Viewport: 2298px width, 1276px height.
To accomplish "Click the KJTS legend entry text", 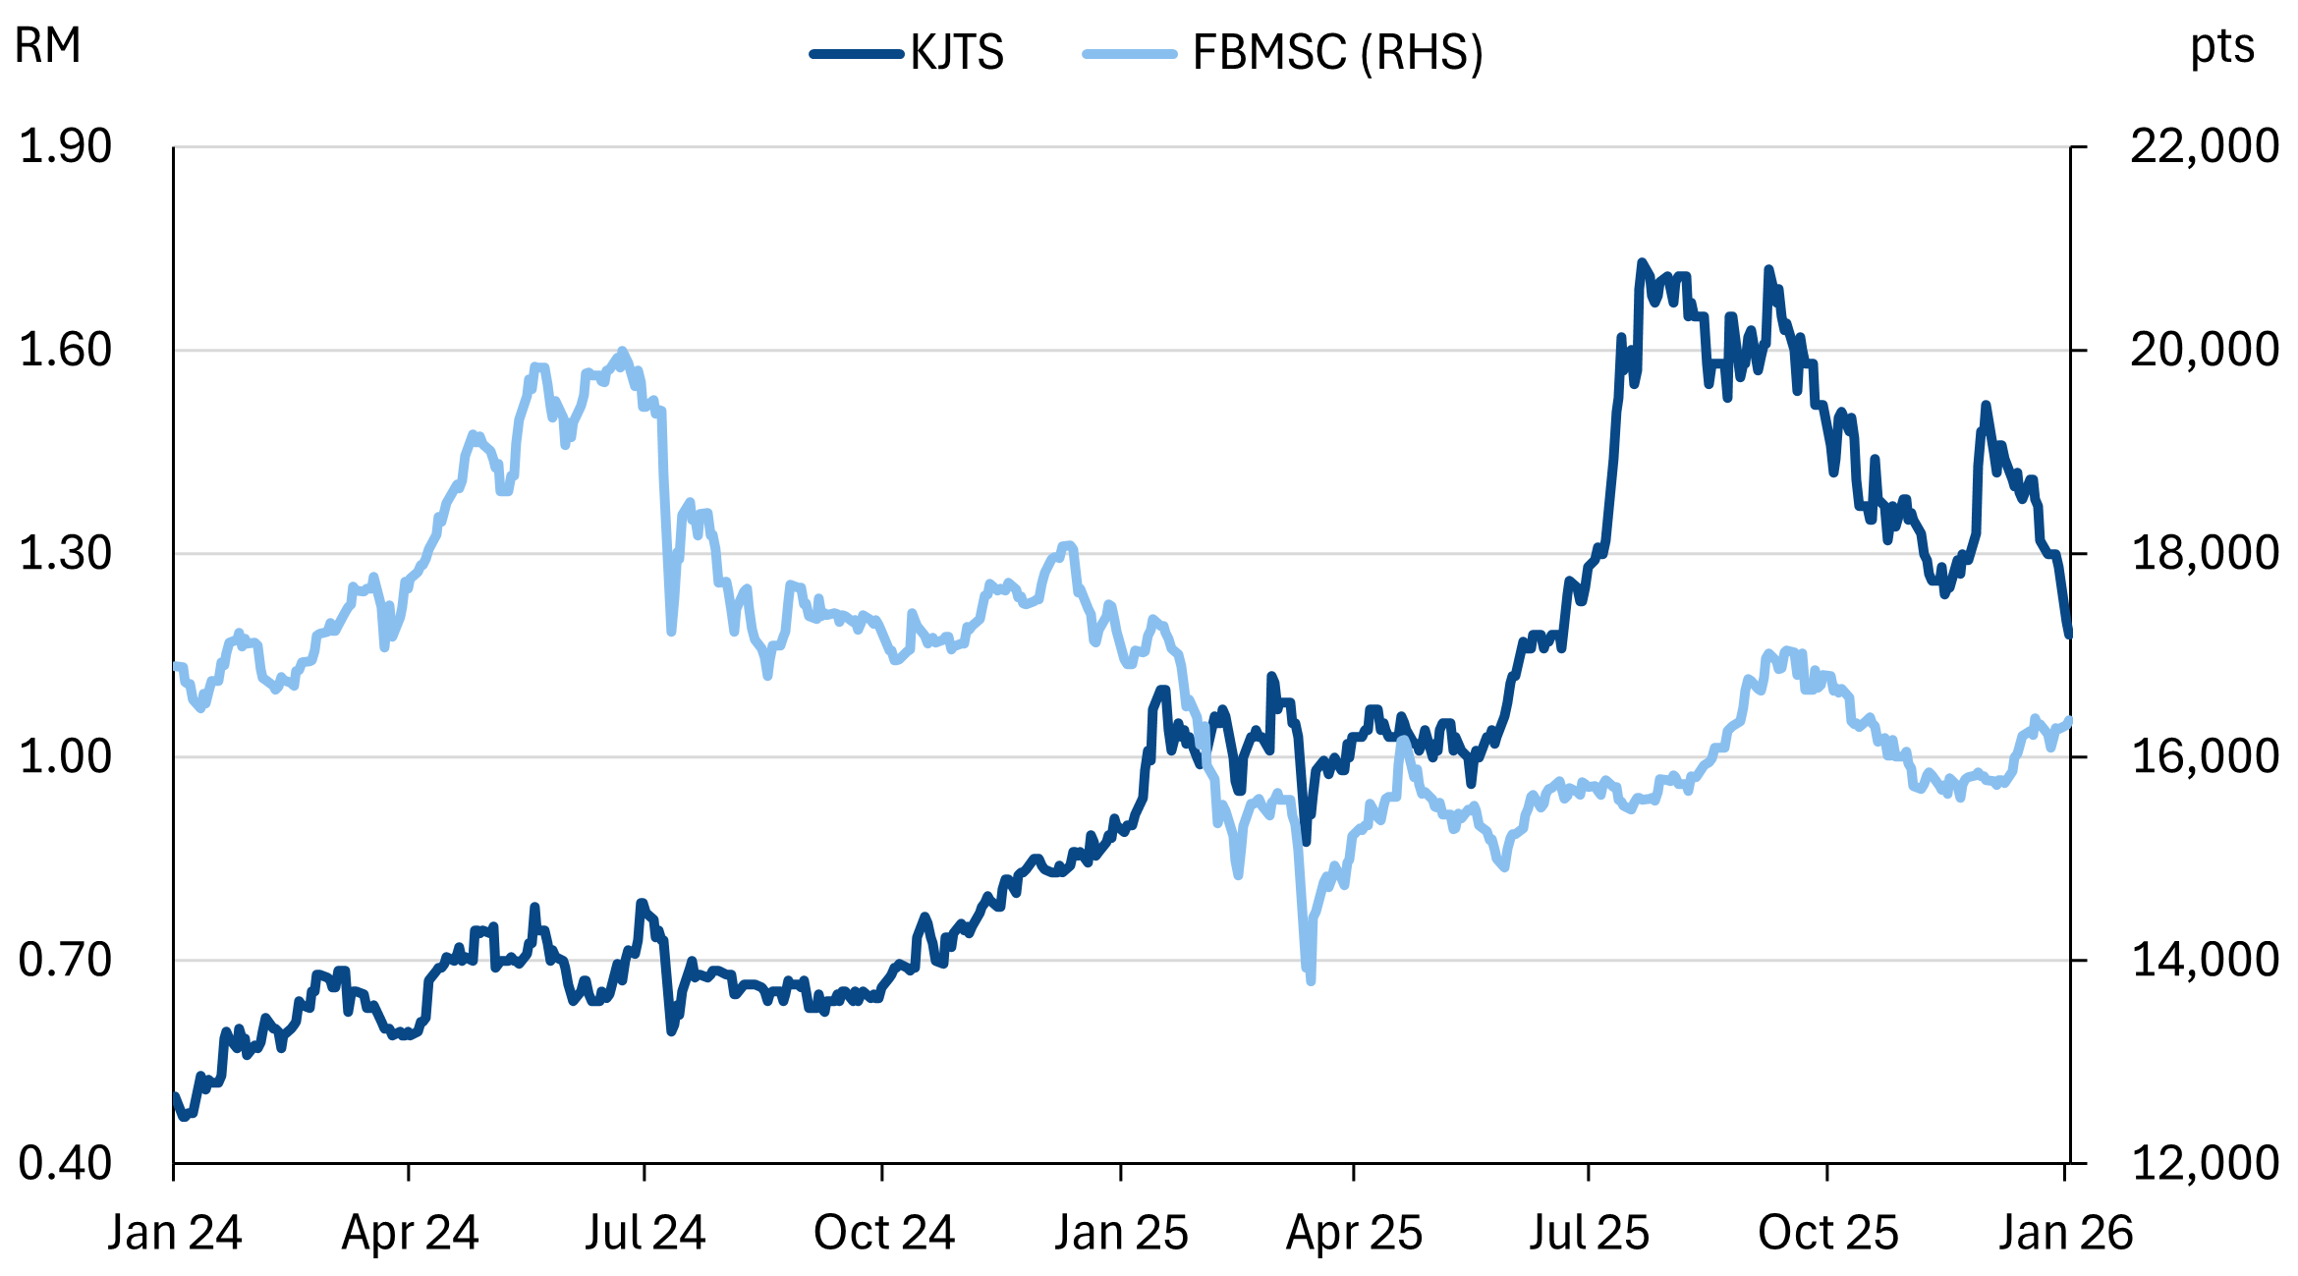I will pyautogui.click(x=956, y=52).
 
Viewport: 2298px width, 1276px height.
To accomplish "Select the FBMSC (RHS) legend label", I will pyautogui.click(x=1337, y=52).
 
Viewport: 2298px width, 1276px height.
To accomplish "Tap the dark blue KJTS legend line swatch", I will pyautogui.click(x=856, y=54).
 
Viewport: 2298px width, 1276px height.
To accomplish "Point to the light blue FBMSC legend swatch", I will pyautogui.click(x=1129, y=54).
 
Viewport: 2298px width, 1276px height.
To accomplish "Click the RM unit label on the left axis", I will pyautogui.click(x=47, y=45).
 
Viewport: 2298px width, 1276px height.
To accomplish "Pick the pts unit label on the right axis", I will pyautogui.click(x=2222, y=45).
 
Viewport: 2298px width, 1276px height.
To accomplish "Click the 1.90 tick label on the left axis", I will pyautogui.click(x=65, y=146).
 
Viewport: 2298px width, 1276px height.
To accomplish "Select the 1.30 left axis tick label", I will pyautogui.click(x=65, y=553).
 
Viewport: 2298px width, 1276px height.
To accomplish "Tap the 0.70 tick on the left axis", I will pyautogui.click(x=65, y=960).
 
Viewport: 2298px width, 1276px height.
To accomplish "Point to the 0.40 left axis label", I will pyautogui.click(x=65, y=1163).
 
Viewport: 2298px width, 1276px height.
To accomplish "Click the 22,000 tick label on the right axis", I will pyautogui.click(x=2204, y=146).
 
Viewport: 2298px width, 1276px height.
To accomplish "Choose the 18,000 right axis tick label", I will pyautogui.click(x=2204, y=553).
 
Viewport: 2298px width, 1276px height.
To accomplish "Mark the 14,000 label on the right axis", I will pyautogui.click(x=2204, y=960).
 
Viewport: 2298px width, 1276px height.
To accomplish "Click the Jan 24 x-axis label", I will pyautogui.click(x=175, y=1233).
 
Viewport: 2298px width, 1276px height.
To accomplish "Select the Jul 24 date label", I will pyautogui.click(x=645, y=1233).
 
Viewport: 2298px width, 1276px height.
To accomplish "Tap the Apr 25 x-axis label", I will pyautogui.click(x=1354, y=1233).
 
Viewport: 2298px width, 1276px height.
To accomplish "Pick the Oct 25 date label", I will pyautogui.click(x=1827, y=1233).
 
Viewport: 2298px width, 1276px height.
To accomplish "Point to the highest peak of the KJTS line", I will pyautogui.click(x=1641, y=262).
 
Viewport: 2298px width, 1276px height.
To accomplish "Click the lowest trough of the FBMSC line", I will pyautogui.click(x=1311, y=979).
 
